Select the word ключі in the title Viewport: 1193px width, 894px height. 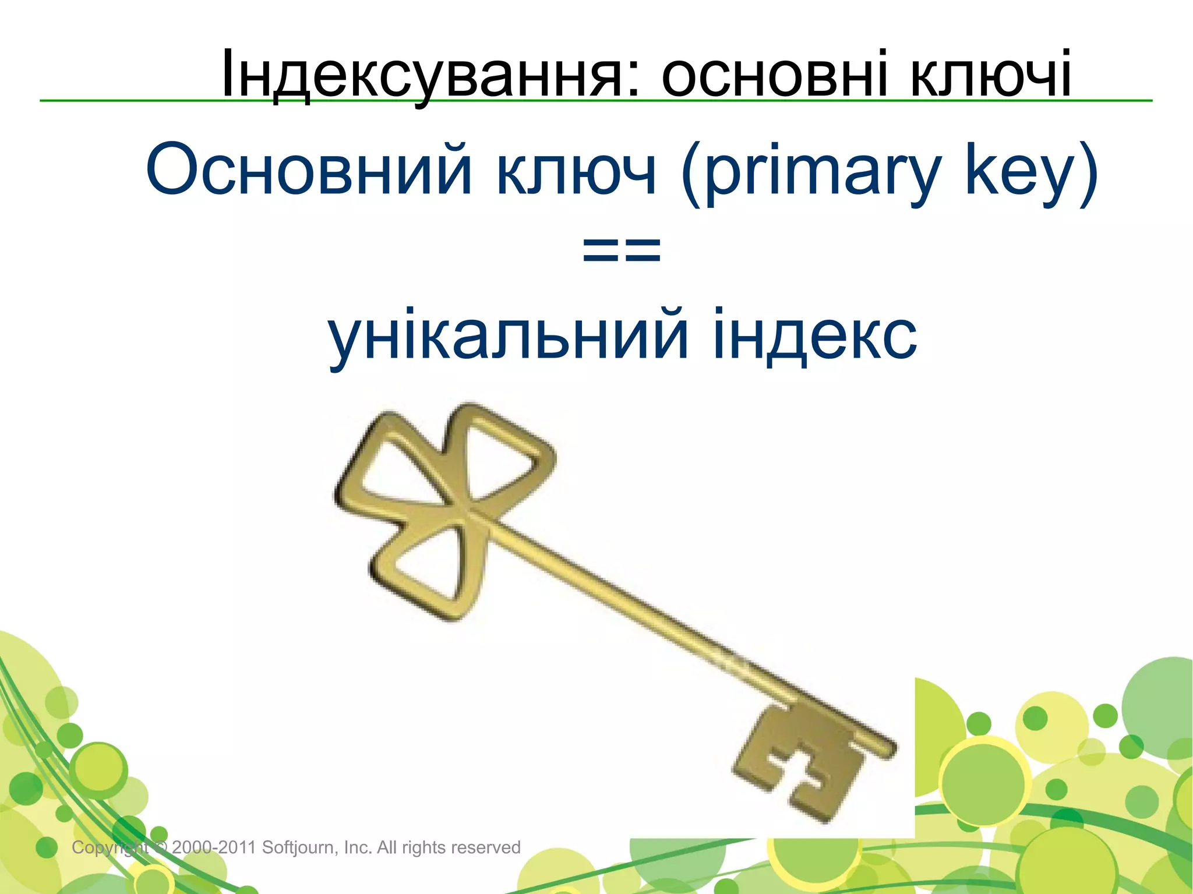pos(990,75)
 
